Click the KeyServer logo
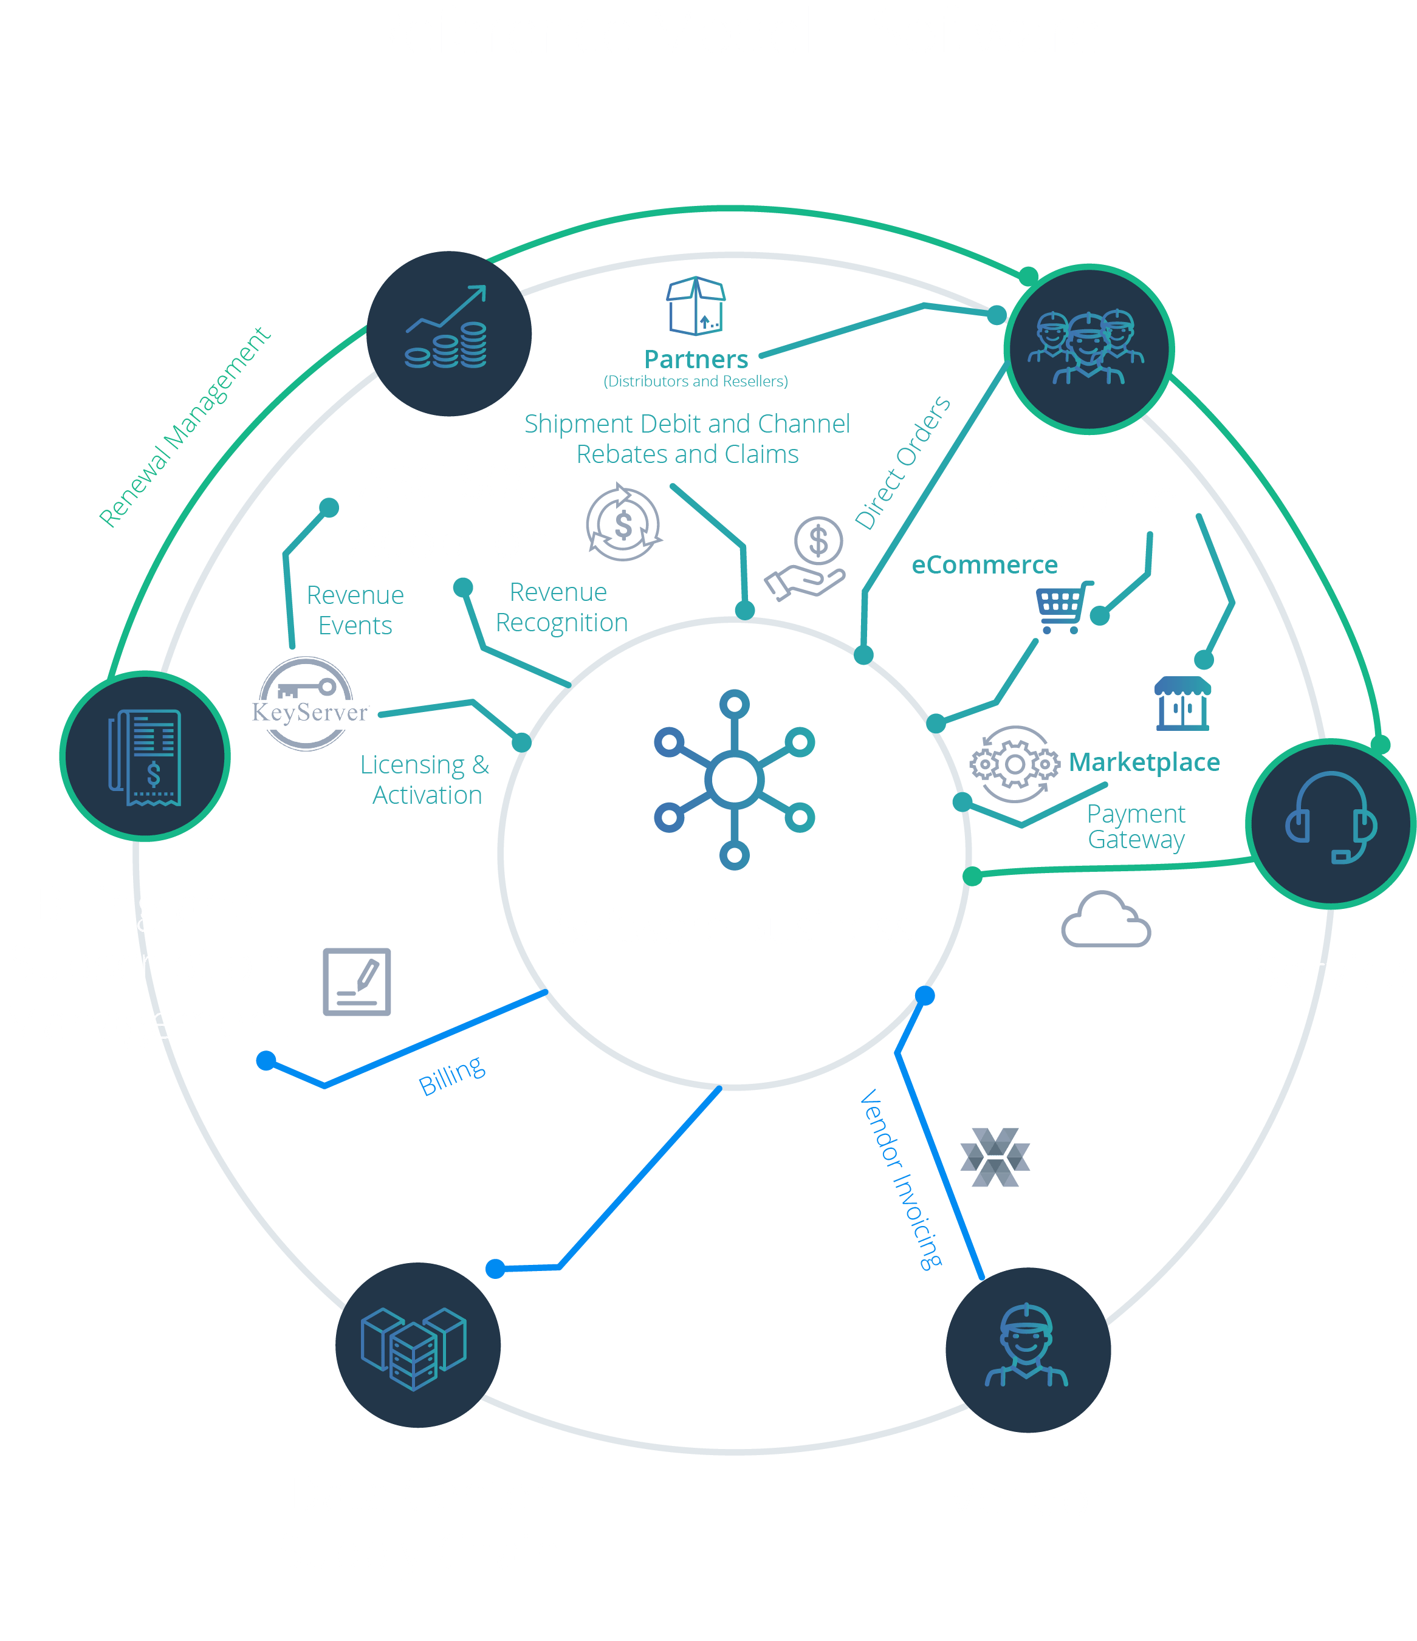tap(309, 704)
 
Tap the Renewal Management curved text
tap(185, 428)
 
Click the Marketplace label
tap(1144, 762)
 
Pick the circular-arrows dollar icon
tap(623, 524)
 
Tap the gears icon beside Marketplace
tap(1015, 764)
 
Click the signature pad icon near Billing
tap(357, 981)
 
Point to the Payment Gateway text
tap(1136, 826)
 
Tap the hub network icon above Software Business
tap(734, 779)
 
